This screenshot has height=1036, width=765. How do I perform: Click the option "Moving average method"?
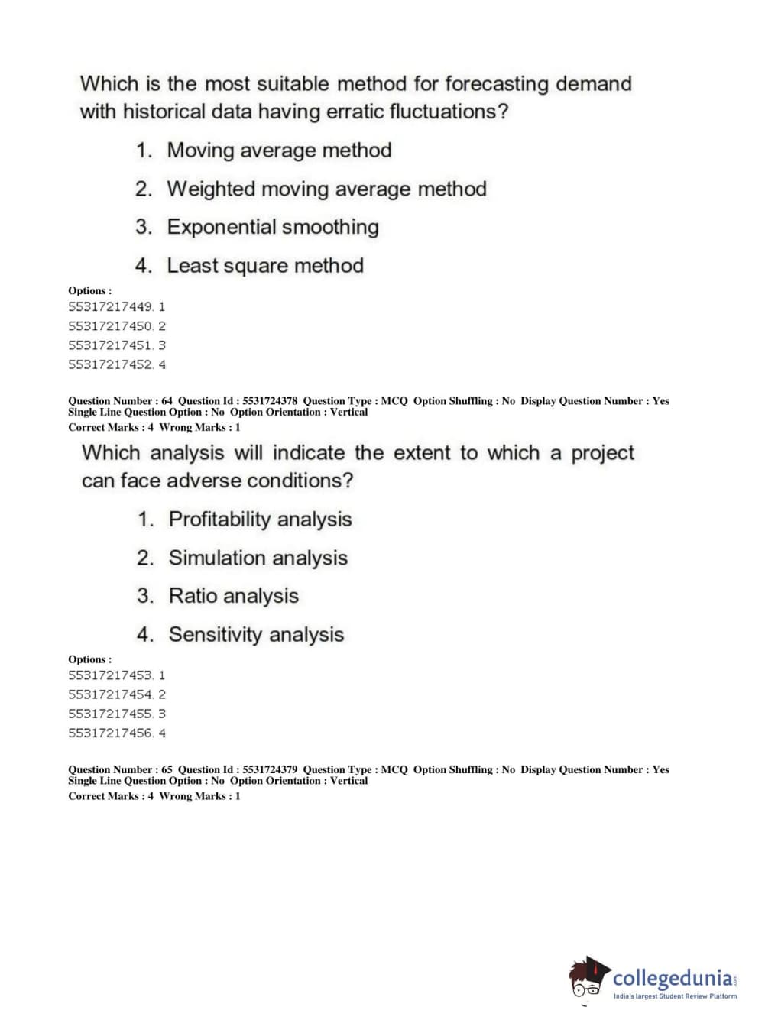click(279, 151)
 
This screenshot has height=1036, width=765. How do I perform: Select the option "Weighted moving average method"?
click(326, 189)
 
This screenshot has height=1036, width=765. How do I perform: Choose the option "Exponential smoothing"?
click(273, 227)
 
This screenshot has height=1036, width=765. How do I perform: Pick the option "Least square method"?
click(265, 266)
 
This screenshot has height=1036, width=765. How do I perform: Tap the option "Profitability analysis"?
click(260, 520)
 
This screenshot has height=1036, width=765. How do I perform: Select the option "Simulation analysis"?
click(258, 558)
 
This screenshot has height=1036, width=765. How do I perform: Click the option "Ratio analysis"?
click(233, 596)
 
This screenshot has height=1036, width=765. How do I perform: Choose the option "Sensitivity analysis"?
click(256, 635)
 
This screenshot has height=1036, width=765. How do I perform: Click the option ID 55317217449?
click(111, 307)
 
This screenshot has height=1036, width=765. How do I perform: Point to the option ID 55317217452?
click(111, 365)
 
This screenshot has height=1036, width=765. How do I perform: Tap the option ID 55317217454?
click(111, 694)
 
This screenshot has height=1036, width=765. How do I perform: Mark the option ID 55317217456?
click(111, 733)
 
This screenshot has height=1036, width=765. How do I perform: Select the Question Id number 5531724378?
click(270, 400)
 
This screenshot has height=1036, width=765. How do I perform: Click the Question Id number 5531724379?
click(270, 769)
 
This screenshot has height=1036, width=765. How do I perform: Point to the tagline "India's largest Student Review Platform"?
click(675, 996)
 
